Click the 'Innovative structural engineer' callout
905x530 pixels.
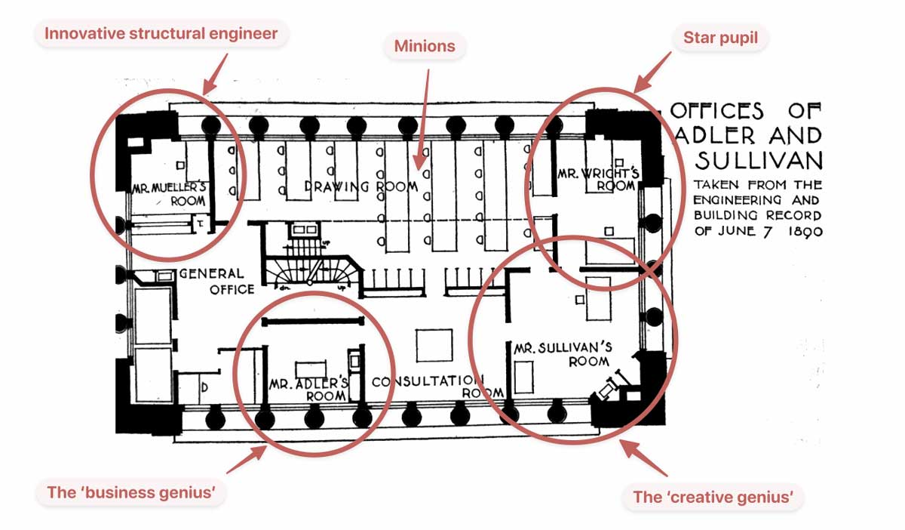[x=161, y=34]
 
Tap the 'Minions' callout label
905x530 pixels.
[x=425, y=46]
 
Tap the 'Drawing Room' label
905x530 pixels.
[x=361, y=186]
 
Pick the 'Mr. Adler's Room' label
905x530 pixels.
[x=308, y=390]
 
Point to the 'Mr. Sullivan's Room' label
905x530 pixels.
[x=562, y=354]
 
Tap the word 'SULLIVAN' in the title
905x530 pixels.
[x=758, y=160]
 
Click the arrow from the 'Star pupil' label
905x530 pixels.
[x=652, y=72]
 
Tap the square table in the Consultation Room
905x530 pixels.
[x=434, y=345]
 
